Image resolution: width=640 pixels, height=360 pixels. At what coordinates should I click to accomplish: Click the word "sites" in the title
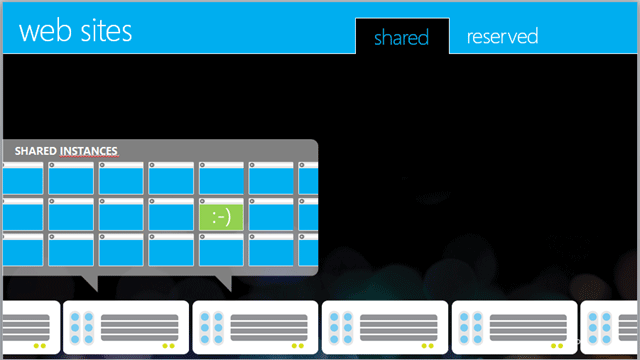[107, 31]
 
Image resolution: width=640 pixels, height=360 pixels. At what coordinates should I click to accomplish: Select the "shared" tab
[402, 37]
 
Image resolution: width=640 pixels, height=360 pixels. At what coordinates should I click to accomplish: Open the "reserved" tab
[502, 36]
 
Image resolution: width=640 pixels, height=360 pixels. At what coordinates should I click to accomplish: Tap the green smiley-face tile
[221, 217]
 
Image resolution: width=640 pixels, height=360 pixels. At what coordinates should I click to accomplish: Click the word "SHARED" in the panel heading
[36, 151]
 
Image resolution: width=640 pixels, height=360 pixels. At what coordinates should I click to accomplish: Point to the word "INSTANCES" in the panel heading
[89, 151]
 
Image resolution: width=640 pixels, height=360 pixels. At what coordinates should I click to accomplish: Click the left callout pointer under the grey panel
[91, 282]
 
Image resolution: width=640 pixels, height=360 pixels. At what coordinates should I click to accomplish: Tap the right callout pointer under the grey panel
[225, 282]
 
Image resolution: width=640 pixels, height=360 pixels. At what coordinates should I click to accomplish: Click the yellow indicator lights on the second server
[169, 346]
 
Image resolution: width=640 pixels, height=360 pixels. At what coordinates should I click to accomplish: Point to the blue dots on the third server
[211, 328]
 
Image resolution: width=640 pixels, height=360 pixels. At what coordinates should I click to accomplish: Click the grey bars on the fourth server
[398, 327]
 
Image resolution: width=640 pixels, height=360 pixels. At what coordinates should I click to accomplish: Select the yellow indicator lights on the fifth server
[557, 346]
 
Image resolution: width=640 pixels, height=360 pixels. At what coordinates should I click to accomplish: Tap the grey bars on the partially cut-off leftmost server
[26, 327]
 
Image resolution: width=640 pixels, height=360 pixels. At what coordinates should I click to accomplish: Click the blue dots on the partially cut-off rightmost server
[600, 328]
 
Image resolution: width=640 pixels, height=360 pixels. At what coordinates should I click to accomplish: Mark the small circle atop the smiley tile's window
[202, 201]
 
